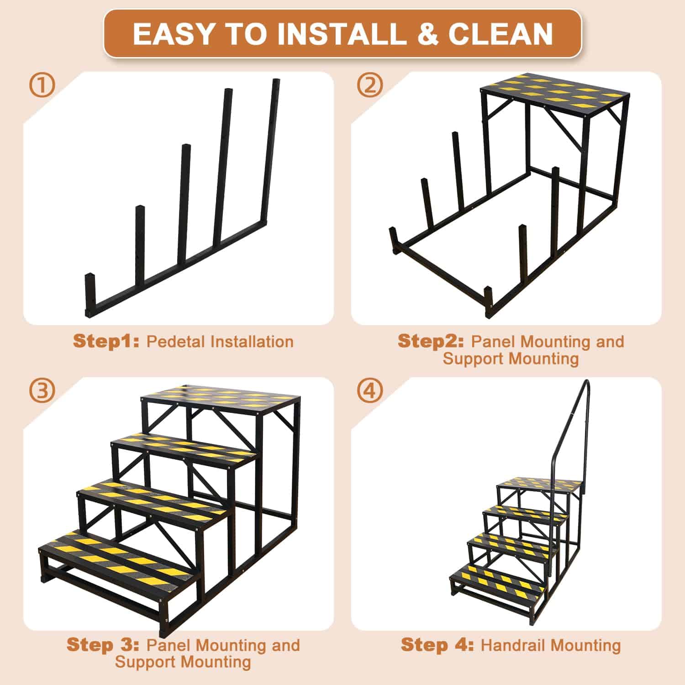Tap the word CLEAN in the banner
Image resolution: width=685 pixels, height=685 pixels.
[x=501, y=33]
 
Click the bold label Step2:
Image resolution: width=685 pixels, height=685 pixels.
[x=431, y=342]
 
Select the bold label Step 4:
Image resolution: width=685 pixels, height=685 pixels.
[x=437, y=645]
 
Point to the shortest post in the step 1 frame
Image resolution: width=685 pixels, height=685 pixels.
[x=90, y=295]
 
